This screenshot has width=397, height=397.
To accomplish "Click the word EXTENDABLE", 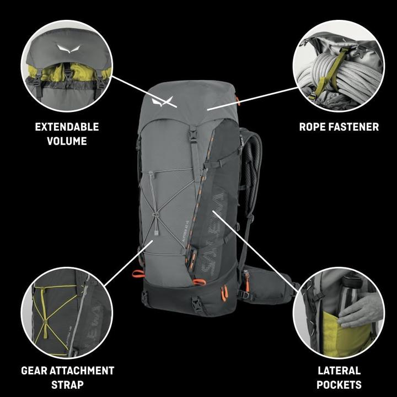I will click(x=67, y=127).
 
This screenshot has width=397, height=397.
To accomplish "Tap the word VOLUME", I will click(x=67, y=141).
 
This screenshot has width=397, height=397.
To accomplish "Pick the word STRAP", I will click(x=67, y=384).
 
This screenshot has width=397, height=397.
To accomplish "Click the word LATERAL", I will click(x=339, y=371).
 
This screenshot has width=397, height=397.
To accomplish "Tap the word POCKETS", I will click(x=339, y=384).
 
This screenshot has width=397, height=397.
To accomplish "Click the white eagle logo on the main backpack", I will click(x=162, y=101).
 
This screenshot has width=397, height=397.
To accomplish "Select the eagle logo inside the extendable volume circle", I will click(x=67, y=49).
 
